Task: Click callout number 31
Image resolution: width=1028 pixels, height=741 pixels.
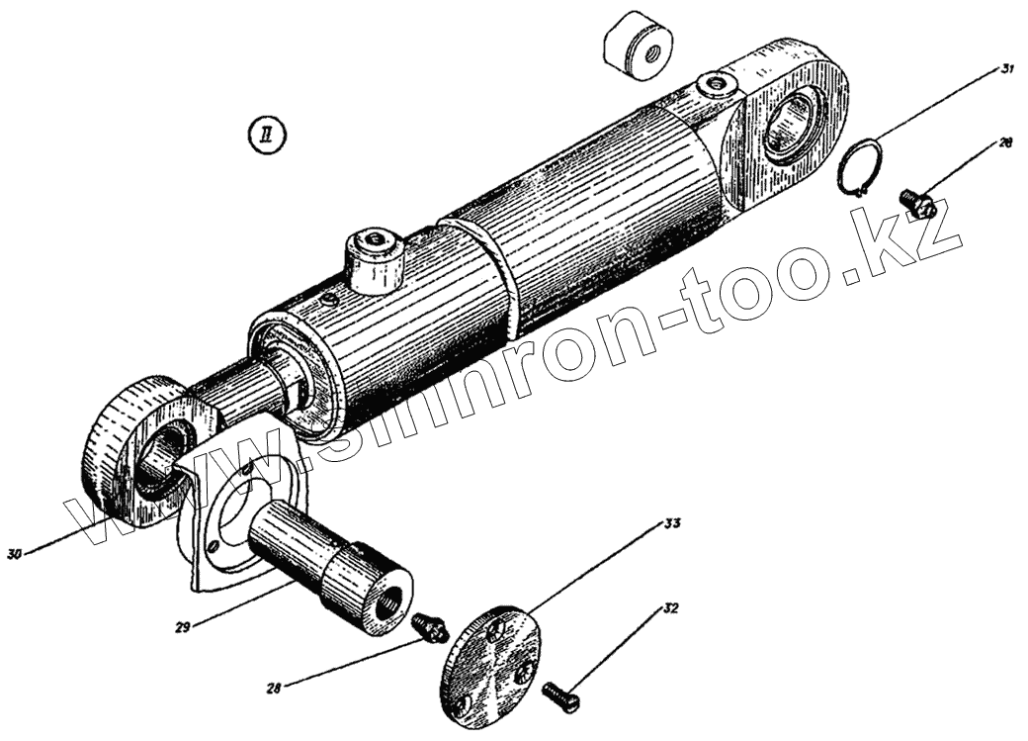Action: (x=1007, y=69)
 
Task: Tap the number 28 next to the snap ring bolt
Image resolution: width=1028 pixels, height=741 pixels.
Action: (x=1005, y=143)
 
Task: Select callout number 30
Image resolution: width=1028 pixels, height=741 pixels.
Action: (x=14, y=554)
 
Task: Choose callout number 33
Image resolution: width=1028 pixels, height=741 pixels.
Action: (x=673, y=521)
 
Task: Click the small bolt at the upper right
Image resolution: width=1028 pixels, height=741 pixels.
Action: (x=917, y=203)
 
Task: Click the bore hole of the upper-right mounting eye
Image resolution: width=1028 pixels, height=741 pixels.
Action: (x=796, y=126)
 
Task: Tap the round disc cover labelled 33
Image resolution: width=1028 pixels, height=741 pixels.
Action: (x=489, y=662)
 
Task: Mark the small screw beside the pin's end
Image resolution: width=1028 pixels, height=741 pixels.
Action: (x=428, y=625)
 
